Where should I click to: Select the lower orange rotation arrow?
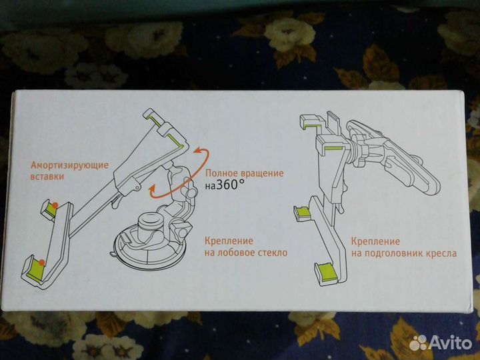pos(160,192)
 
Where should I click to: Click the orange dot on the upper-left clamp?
pos(57,205)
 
